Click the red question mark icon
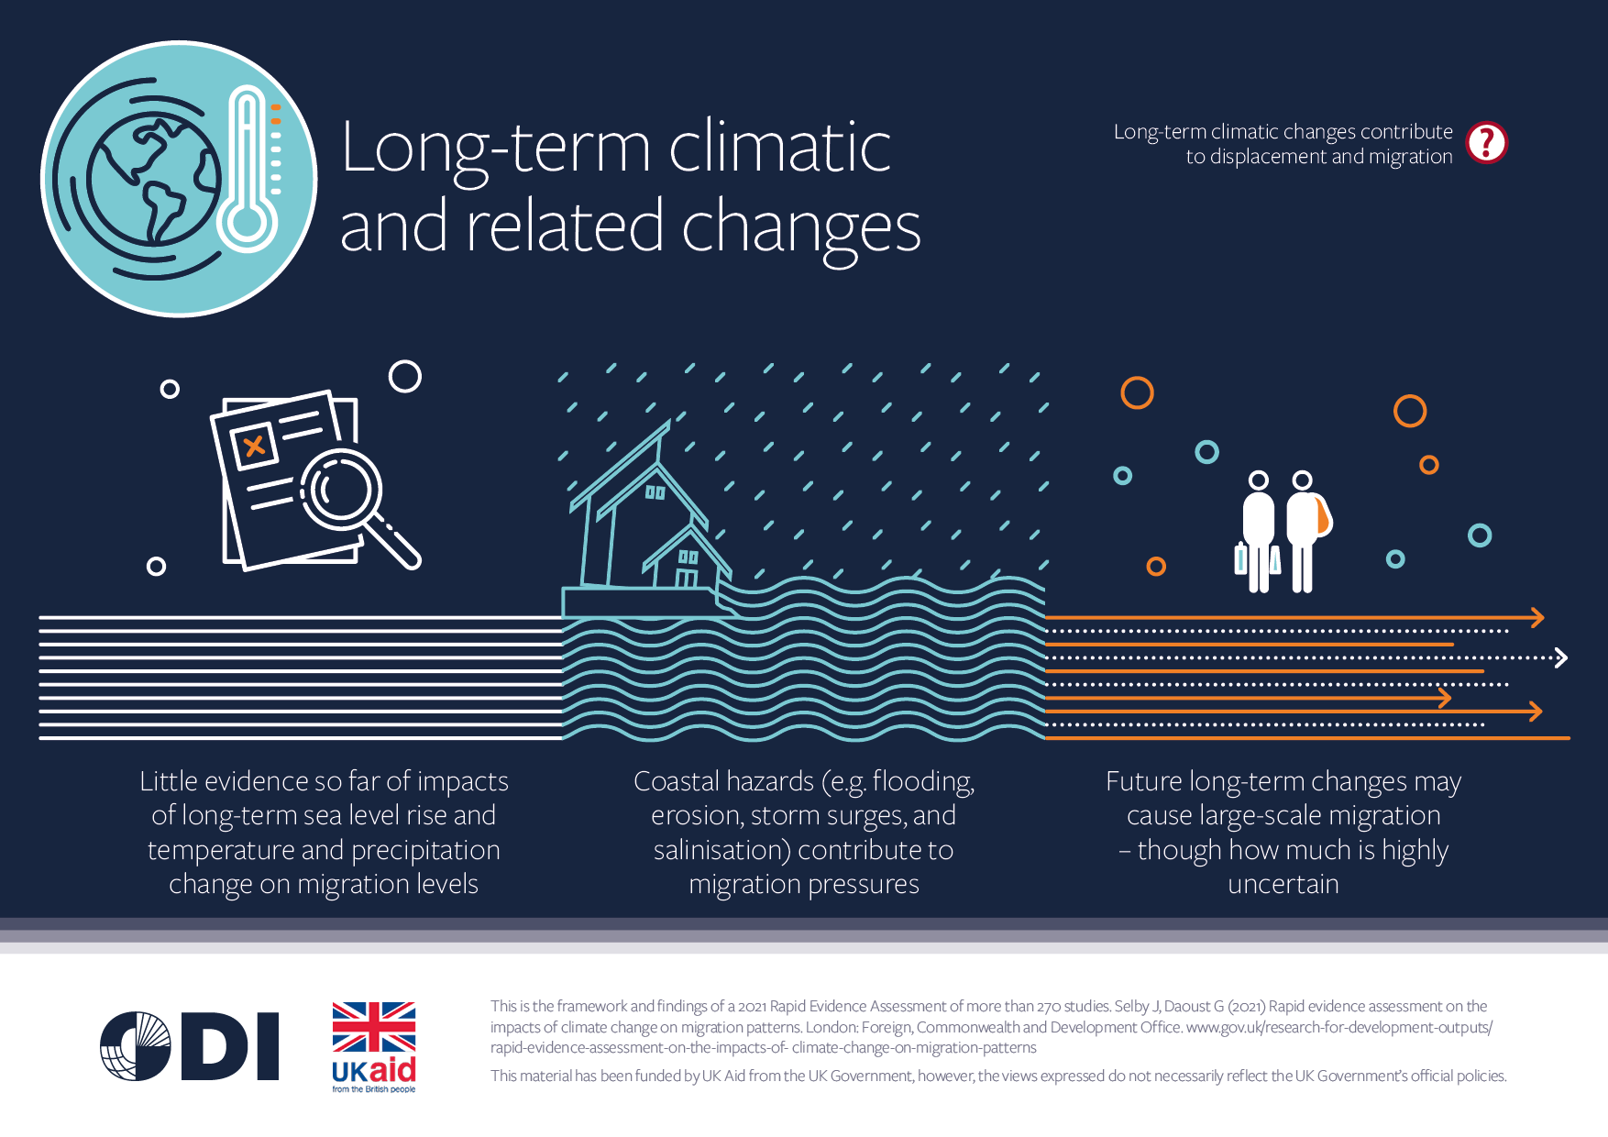tap(1486, 143)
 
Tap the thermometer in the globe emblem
tap(248, 170)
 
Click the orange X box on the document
tap(254, 447)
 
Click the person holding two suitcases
tap(1258, 532)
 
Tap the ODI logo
tap(189, 1046)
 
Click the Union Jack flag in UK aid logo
tap(374, 1027)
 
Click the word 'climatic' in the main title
tap(780, 148)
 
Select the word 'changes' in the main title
tap(800, 228)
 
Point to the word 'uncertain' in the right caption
tap(1283, 884)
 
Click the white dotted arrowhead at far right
tap(1561, 657)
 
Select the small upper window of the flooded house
tap(655, 492)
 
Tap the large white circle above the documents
tap(404, 376)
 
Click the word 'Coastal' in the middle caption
tap(677, 781)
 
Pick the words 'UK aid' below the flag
tap(374, 1070)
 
